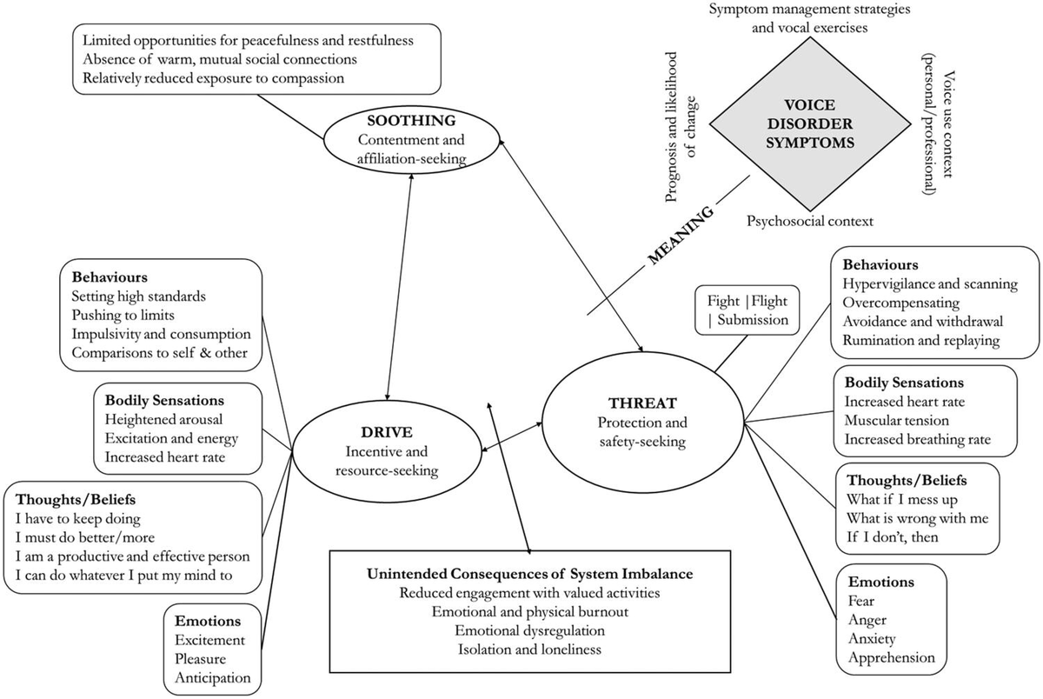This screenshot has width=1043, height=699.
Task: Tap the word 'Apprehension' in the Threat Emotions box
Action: pos(891,657)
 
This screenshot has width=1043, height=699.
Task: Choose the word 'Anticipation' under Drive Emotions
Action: pos(211,677)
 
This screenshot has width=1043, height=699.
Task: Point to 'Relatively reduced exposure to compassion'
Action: pos(214,78)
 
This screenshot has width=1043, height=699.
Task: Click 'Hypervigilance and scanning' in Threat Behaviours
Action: pos(929,284)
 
